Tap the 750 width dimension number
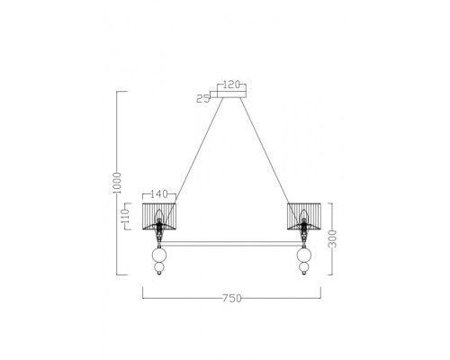tap(232, 297)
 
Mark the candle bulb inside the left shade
tap(159, 215)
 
